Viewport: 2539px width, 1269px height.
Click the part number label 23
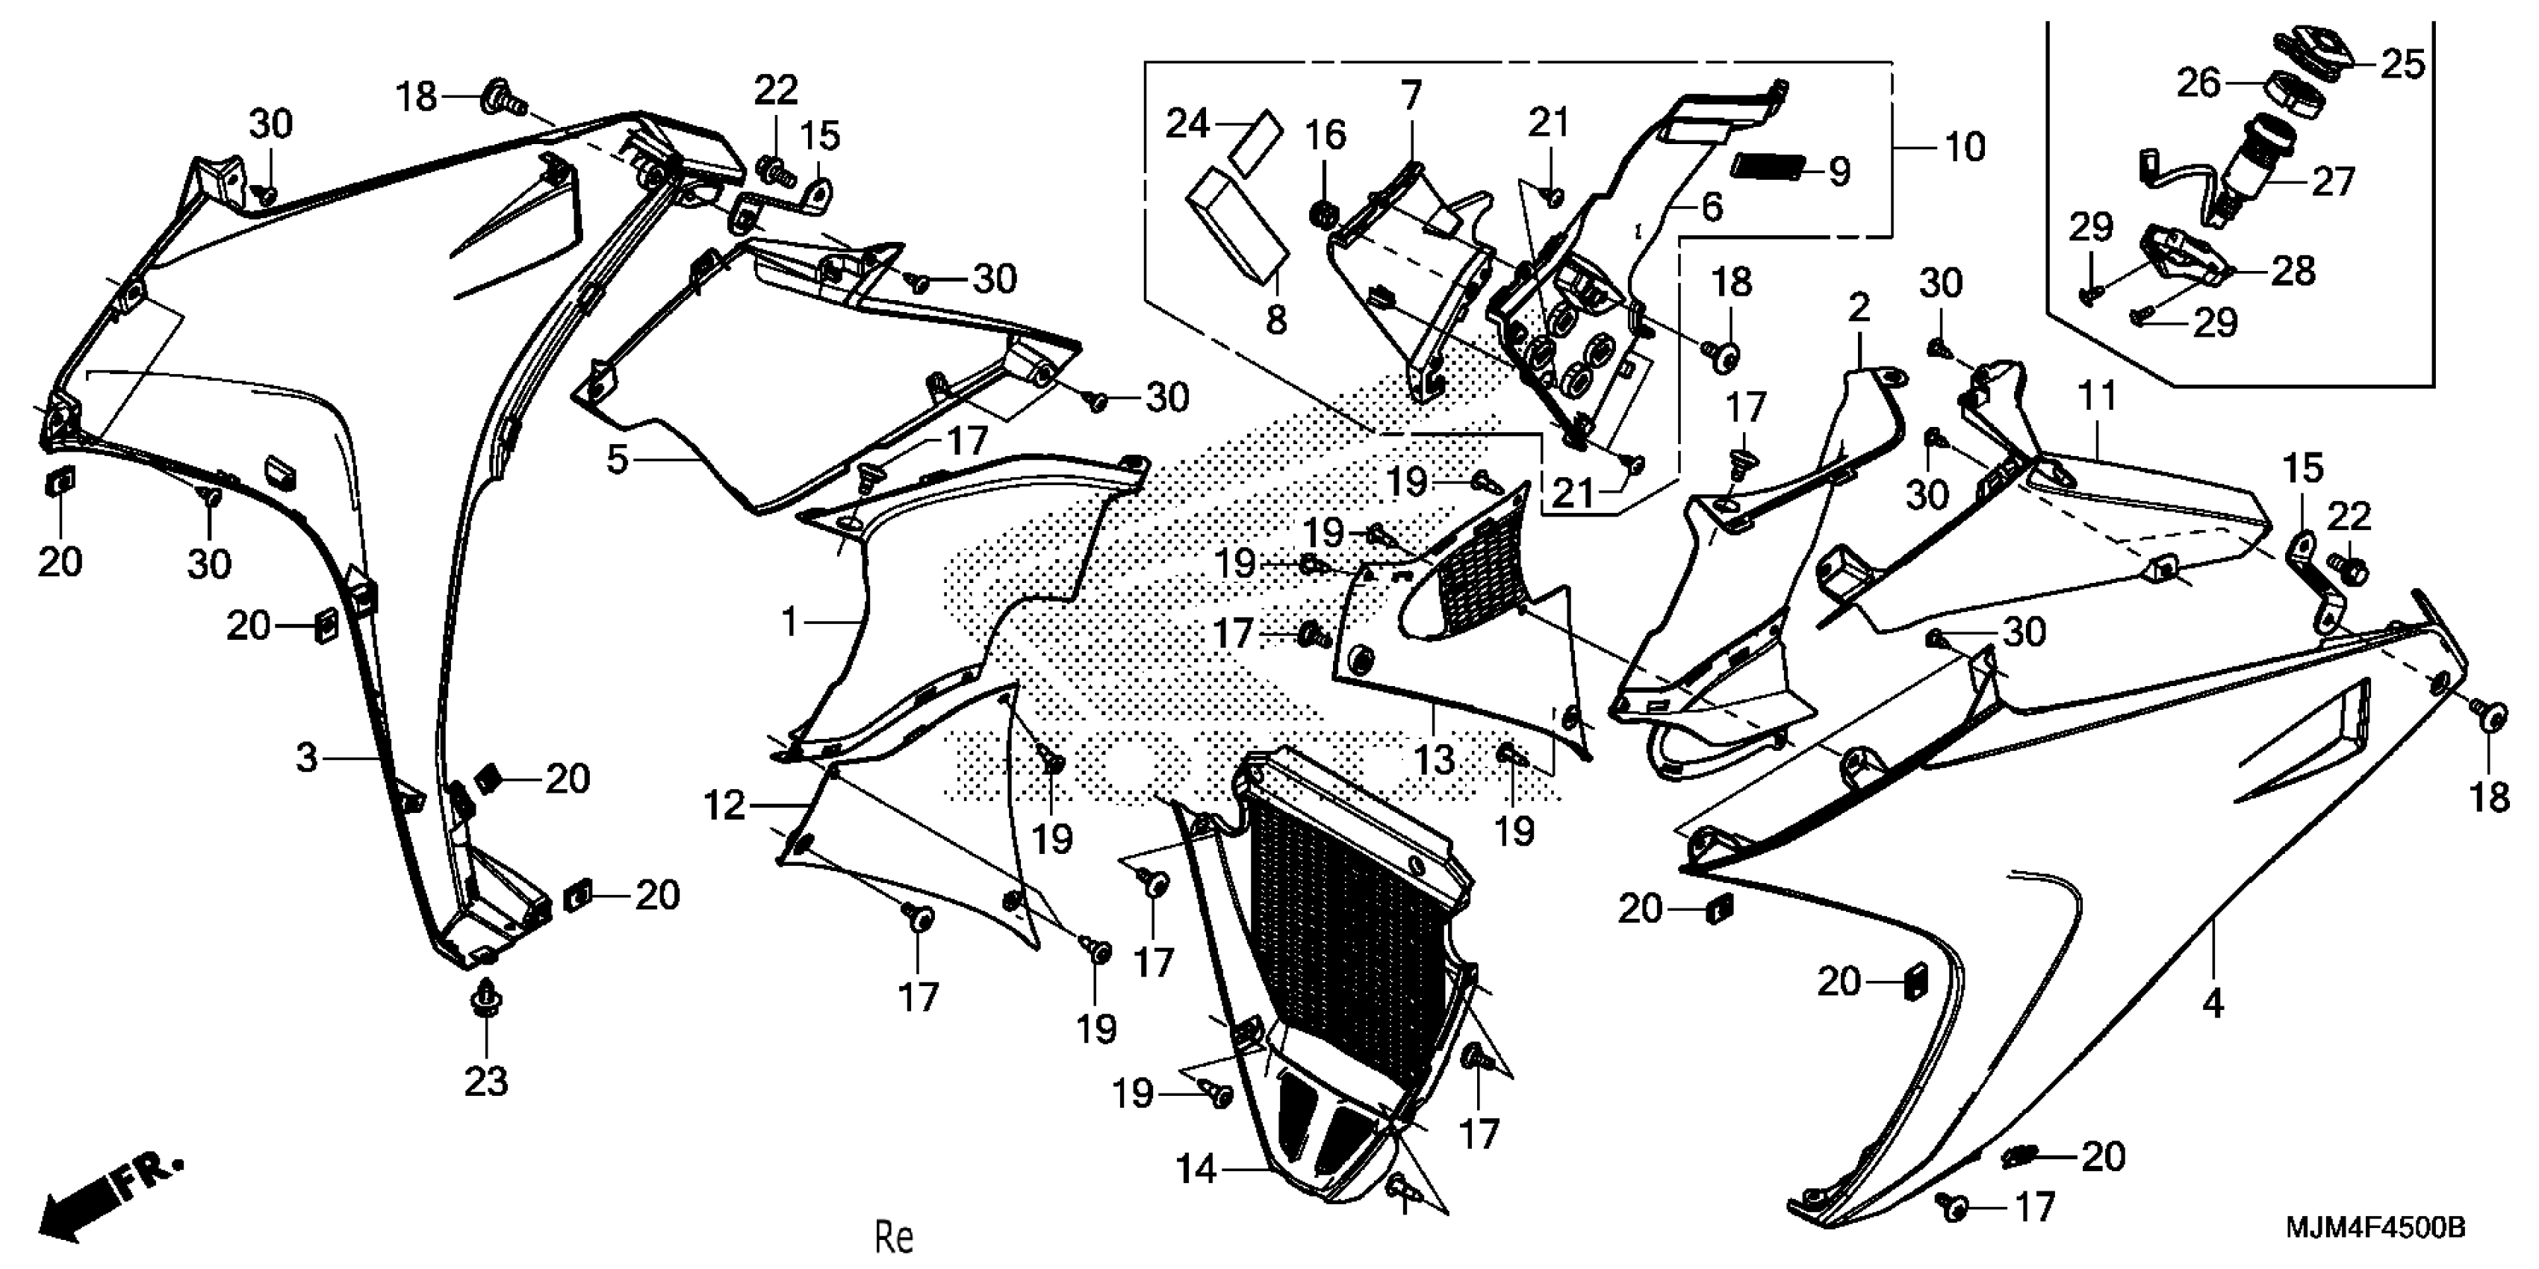tap(486, 1081)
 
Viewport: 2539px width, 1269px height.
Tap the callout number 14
tap(1196, 1170)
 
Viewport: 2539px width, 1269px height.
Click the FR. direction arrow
tap(108, 1201)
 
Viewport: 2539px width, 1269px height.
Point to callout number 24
tap(1187, 124)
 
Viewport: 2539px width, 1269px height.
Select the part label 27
tap(2333, 181)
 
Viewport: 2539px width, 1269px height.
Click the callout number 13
tap(1434, 760)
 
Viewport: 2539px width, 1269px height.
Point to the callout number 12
tap(724, 806)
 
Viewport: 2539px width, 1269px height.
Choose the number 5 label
tap(617, 459)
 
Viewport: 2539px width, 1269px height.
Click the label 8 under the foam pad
tap(1275, 319)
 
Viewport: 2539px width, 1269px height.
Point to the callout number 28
tap(2293, 270)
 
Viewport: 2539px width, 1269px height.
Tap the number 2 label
tap(1858, 308)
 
